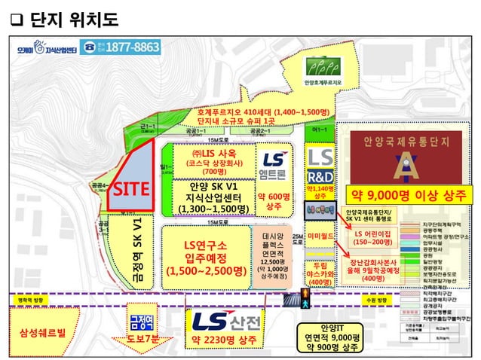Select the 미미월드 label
point(321,236)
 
